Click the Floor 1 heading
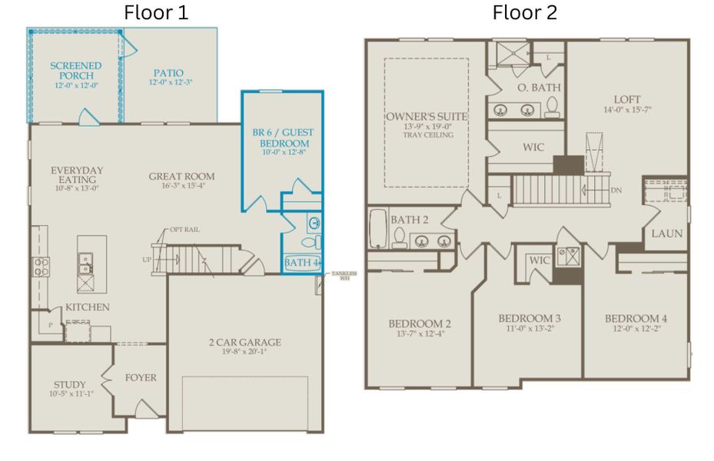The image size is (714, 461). point(156,13)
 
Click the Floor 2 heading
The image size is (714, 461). point(525,13)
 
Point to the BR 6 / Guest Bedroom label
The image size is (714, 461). point(283,138)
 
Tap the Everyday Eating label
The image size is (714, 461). point(77,174)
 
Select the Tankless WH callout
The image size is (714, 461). point(340,276)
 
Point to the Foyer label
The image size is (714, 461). point(141,377)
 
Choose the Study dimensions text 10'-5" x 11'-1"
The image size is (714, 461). point(70,394)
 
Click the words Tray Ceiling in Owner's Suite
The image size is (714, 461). point(428,135)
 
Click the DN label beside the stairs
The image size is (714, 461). point(616,190)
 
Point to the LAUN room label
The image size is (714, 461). point(667,234)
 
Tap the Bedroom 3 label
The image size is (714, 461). point(529,318)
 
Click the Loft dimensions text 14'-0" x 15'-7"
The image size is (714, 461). point(627,111)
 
